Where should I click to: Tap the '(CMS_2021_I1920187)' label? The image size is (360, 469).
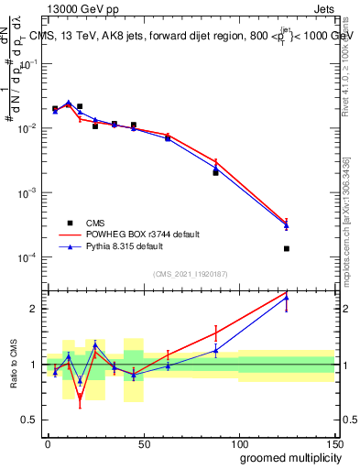pos(190,274)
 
